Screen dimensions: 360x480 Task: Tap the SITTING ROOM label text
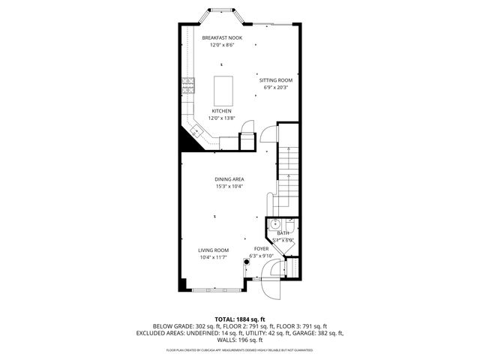(x=275, y=79)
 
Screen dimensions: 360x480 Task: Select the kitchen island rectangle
(x=223, y=91)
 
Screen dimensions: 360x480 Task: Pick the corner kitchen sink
(x=196, y=133)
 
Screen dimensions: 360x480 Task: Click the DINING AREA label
(x=229, y=179)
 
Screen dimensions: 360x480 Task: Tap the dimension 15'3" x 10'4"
(x=229, y=187)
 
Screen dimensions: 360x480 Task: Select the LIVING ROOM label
(x=214, y=250)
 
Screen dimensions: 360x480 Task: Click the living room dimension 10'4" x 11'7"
(x=214, y=258)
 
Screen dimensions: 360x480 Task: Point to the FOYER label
(x=261, y=248)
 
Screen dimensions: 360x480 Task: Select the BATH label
(x=283, y=233)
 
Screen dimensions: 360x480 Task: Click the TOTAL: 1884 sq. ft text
(x=239, y=318)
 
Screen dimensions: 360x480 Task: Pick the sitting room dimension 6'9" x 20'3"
(x=275, y=87)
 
